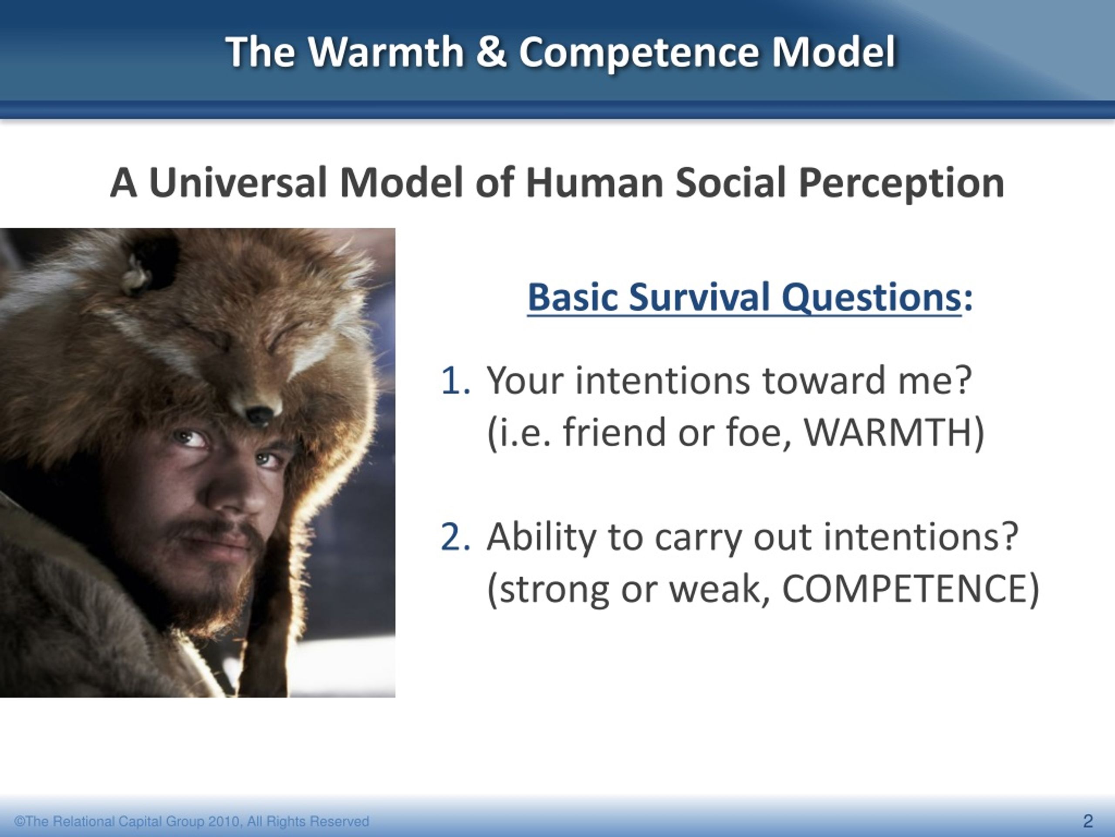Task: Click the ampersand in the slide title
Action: click(x=491, y=51)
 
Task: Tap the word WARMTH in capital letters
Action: click(x=886, y=433)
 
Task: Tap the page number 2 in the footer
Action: click(x=1088, y=821)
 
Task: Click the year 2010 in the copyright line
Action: click(x=224, y=821)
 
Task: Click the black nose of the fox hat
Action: click(x=258, y=415)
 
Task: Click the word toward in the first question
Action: click(x=824, y=381)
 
